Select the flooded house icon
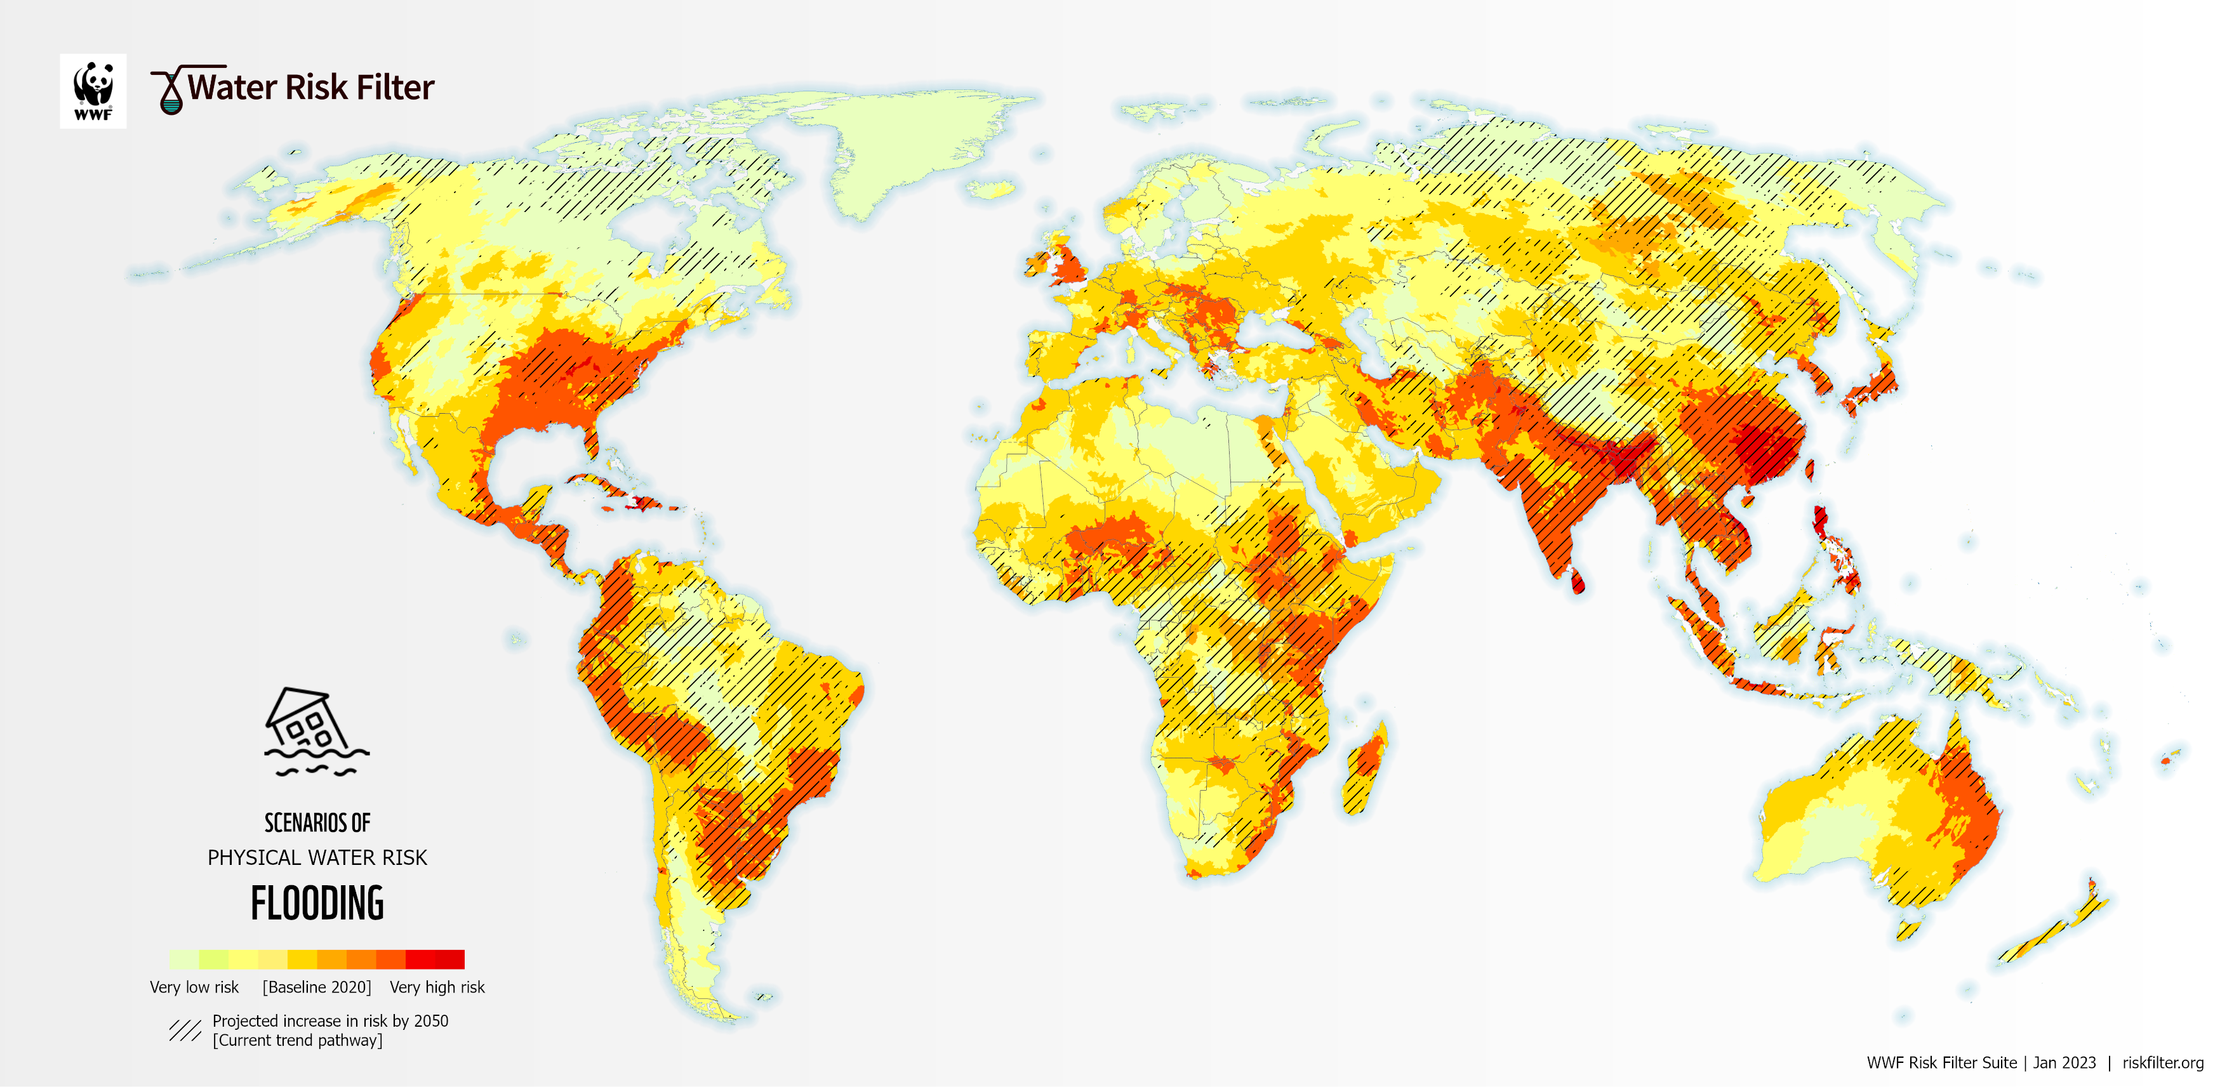point(316,731)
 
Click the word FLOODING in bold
point(317,904)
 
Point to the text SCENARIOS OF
point(317,822)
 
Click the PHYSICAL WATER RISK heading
point(317,857)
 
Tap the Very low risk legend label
point(194,987)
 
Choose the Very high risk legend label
point(437,987)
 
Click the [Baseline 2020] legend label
point(316,987)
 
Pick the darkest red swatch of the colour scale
point(449,959)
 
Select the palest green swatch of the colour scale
point(183,959)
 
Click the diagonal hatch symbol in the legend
point(184,1030)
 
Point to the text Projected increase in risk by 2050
point(330,1020)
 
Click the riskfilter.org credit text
point(2162,1063)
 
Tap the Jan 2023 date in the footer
point(2064,1063)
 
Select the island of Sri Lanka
point(1577,583)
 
